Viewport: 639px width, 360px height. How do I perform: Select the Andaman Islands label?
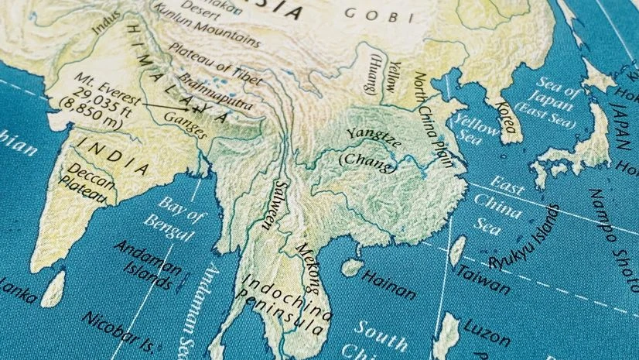point(148,264)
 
